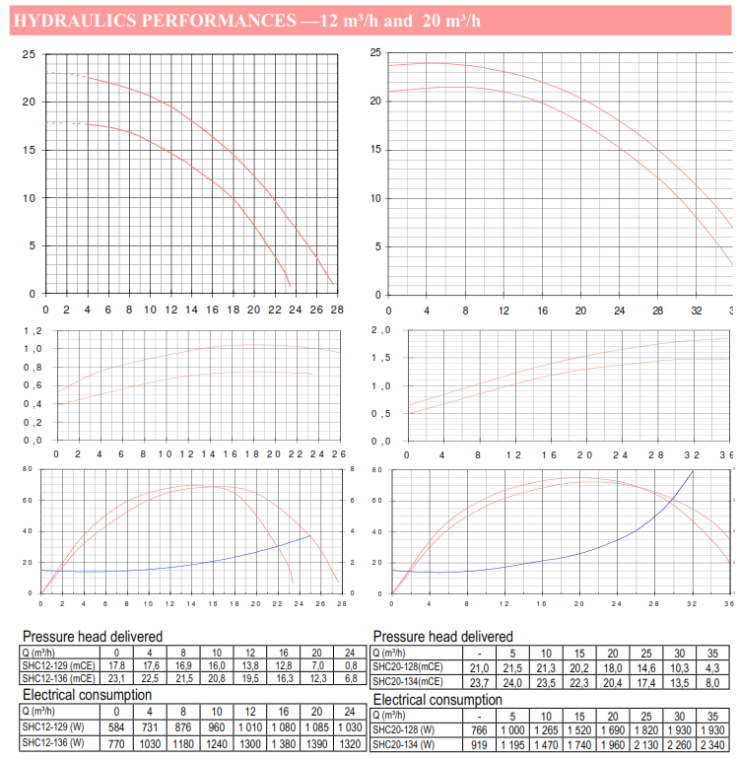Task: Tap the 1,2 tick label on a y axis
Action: coord(34,331)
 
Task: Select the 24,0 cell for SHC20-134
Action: coord(510,681)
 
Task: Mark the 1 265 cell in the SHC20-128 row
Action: coord(544,729)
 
